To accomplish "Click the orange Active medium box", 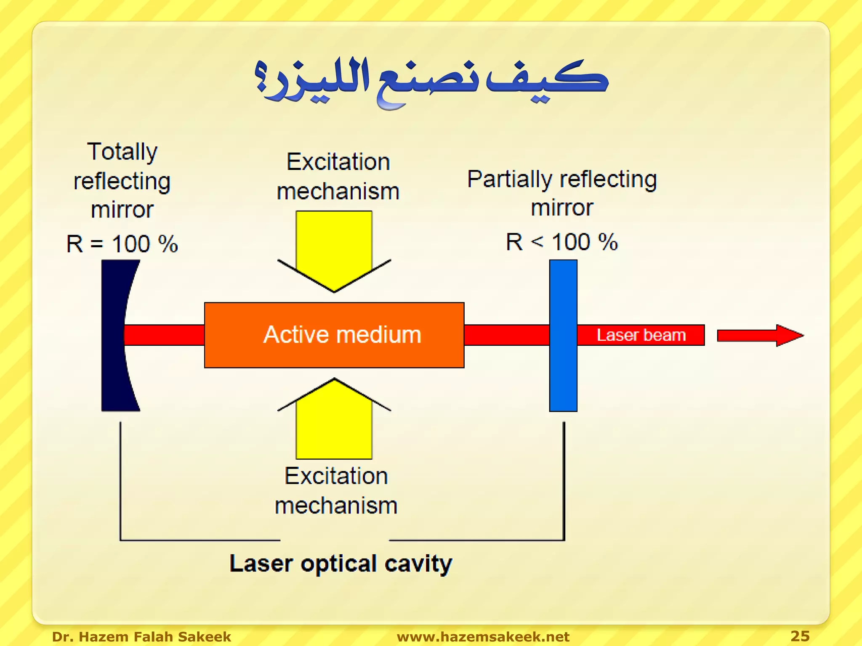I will pyautogui.click(x=334, y=335).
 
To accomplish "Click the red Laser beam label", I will pyautogui.click(x=641, y=335).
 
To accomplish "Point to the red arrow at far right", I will pyautogui.click(x=760, y=335).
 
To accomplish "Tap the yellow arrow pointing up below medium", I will pyautogui.click(x=334, y=421).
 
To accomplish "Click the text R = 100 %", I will pyautogui.click(x=122, y=244).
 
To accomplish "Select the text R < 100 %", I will pyautogui.click(x=561, y=242).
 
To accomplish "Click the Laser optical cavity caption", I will pyautogui.click(x=341, y=564).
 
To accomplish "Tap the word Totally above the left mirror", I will pyautogui.click(x=122, y=151).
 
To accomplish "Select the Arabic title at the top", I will pyautogui.click(x=431, y=82).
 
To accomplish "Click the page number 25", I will pyautogui.click(x=800, y=635).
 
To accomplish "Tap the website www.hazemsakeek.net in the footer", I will pyautogui.click(x=483, y=636).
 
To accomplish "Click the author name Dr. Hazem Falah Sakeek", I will pyautogui.click(x=141, y=636).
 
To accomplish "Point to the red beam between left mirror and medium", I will pyautogui.click(x=164, y=335).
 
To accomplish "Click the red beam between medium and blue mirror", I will pyautogui.click(x=506, y=335).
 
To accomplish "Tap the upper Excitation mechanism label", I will pyautogui.click(x=338, y=177).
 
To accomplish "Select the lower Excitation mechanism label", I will pyautogui.click(x=336, y=491).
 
